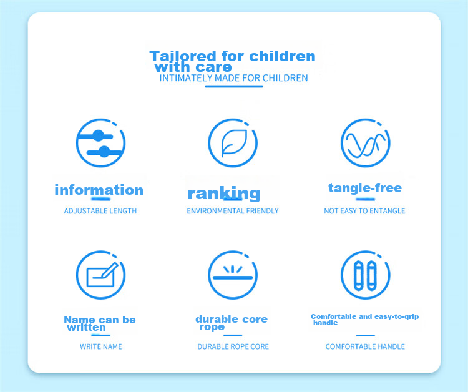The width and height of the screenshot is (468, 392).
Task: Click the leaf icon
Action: point(234,143)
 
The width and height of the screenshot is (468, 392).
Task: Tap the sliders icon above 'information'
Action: point(100,143)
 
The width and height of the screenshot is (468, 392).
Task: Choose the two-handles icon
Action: point(365,275)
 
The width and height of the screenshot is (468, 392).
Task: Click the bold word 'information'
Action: point(99,190)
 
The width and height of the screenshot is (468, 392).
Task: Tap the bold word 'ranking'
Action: point(224,194)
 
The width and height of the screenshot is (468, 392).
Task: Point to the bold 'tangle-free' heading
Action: point(365,188)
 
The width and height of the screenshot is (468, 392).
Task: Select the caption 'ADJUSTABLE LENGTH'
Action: point(100,211)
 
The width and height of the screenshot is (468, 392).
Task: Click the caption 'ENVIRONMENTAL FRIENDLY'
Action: point(233,211)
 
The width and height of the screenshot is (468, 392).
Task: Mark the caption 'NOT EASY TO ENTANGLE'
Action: point(364,211)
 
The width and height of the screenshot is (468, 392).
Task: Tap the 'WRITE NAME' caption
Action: point(101,346)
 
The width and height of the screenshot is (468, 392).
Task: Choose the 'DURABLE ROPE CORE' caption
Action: point(233,346)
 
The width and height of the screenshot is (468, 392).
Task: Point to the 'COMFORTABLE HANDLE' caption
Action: point(365,346)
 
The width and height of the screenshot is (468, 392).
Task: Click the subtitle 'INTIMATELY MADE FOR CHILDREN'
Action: point(234,78)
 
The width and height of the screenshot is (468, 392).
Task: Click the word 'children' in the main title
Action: point(282,56)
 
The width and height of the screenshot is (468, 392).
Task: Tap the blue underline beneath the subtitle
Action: point(234,87)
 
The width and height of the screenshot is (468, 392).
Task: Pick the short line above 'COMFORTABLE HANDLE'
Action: point(365,336)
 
